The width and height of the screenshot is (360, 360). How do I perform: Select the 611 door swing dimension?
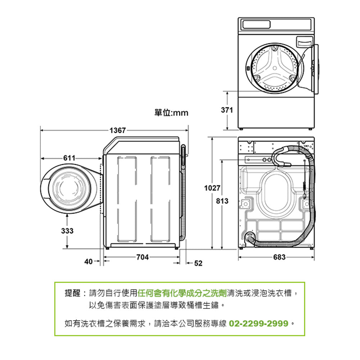pyautogui.click(x=69, y=158)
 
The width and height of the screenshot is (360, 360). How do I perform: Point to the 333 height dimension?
pyautogui.click(x=68, y=231)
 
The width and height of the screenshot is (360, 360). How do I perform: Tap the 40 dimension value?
pyautogui.click(x=88, y=261)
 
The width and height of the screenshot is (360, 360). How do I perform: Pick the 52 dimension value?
pyautogui.click(x=198, y=263)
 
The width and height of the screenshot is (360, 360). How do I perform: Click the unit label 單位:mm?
pyautogui.click(x=171, y=113)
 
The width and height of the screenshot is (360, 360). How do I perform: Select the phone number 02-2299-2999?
pyautogui.click(x=258, y=323)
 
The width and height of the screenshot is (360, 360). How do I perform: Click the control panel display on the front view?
pyautogui.click(x=256, y=24)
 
